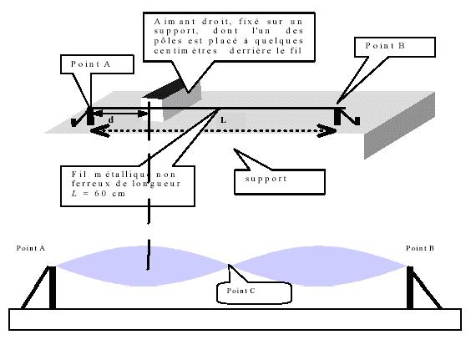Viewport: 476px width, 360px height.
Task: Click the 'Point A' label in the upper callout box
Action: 90,64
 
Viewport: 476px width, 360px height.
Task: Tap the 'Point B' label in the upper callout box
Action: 385,46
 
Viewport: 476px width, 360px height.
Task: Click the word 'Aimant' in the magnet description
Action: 175,22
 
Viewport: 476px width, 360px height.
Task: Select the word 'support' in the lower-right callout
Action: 266,179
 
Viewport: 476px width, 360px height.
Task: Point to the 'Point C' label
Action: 241,291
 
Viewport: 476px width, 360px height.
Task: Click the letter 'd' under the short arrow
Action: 111,120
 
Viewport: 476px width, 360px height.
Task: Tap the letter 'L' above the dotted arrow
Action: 223,120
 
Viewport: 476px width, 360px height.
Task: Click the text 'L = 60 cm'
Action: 99,193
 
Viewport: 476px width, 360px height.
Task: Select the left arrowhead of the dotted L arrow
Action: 99,131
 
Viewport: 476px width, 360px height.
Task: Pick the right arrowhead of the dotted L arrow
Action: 327,131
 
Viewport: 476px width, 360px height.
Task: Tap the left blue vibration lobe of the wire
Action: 143,266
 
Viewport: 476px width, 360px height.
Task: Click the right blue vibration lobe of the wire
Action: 318,266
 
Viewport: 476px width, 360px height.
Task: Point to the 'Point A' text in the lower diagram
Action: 31,248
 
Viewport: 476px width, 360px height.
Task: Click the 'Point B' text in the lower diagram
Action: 420,248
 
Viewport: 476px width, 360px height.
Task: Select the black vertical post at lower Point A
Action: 53,287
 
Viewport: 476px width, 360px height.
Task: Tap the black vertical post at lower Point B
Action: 410,287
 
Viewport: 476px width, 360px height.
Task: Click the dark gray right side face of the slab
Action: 399,125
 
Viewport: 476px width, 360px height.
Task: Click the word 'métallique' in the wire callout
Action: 122,175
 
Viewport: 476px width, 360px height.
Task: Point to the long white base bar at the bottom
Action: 235,319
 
